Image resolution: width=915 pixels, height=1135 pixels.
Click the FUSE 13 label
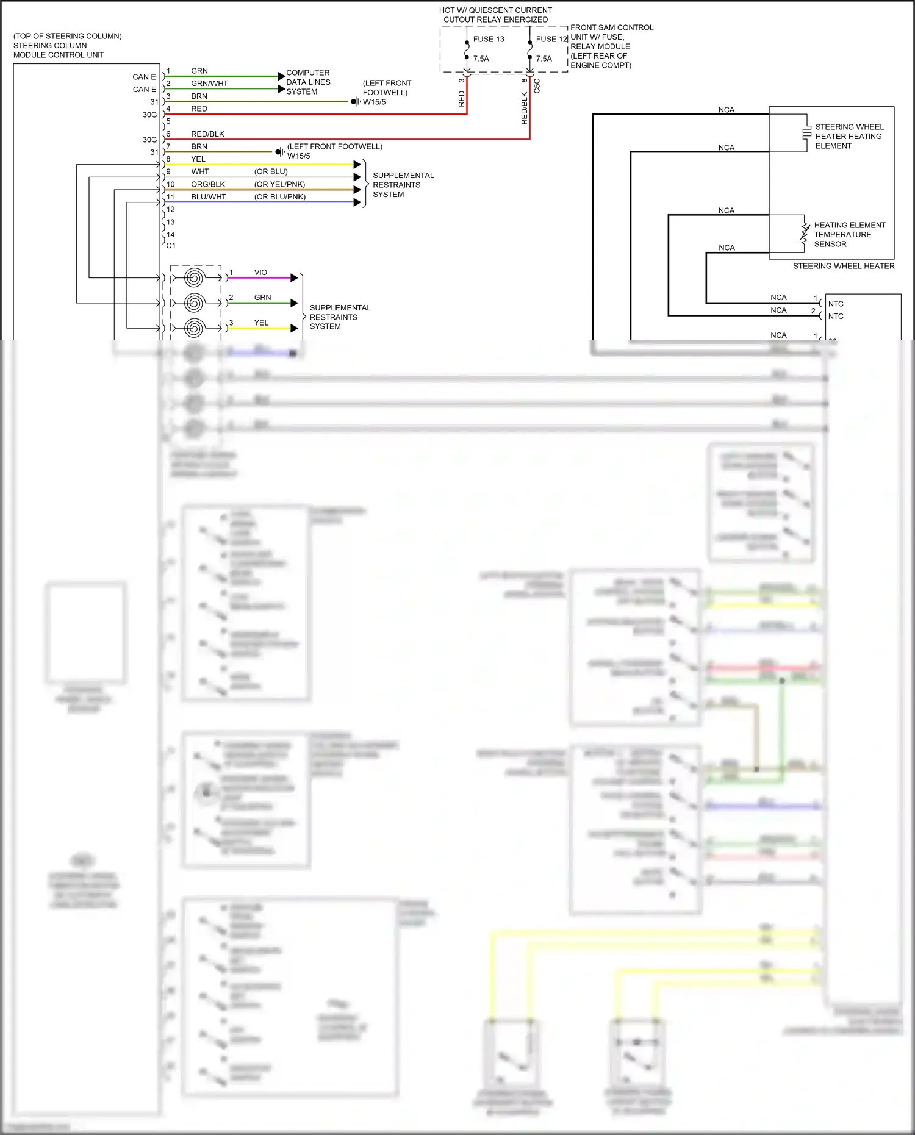[x=489, y=39]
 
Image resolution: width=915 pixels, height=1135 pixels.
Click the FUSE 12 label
[x=551, y=39]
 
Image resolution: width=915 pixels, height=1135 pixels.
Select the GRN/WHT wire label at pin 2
[x=209, y=84]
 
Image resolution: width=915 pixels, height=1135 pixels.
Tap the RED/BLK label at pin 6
[x=207, y=134]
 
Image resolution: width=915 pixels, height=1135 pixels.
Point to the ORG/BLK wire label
[x=208, y=184]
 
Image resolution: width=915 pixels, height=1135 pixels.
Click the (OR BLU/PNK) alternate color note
[x=280, y=197]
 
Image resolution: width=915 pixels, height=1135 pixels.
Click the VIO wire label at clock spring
[x=260, y=273]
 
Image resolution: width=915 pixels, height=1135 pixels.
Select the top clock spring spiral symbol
[x=194, y=278]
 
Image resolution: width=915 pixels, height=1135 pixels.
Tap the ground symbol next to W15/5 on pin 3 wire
[x=355, y=102]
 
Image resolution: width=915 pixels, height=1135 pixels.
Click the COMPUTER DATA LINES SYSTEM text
[x=308, y=82]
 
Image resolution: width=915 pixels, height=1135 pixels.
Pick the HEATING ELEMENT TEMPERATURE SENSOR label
[x=849, y=234]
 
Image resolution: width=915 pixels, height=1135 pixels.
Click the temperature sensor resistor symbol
[x=805, y=234]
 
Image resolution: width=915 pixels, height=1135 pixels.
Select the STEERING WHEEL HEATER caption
[x=844, y=266]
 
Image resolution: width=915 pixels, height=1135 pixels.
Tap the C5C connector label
[x=537, y=85]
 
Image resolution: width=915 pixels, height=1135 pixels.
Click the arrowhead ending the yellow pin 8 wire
[x=357, y=165]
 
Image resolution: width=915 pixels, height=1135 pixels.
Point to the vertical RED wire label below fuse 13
[x=461, y=99]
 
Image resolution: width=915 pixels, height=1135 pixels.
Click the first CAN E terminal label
[x=144, y=77]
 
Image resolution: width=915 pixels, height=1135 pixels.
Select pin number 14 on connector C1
[x=171, y=235]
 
